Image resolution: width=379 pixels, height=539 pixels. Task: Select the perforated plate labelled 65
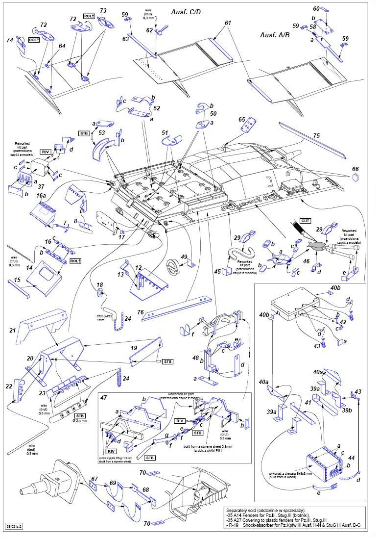pyautogui.click(x=249, y=126)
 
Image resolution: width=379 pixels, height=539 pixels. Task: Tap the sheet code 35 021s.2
pyautogui.click(x=15, y=526)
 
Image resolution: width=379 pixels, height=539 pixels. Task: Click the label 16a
pyautogui.click(x=41, y=195)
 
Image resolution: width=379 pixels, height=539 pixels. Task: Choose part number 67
pyautogui.click(x=95, y=479)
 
